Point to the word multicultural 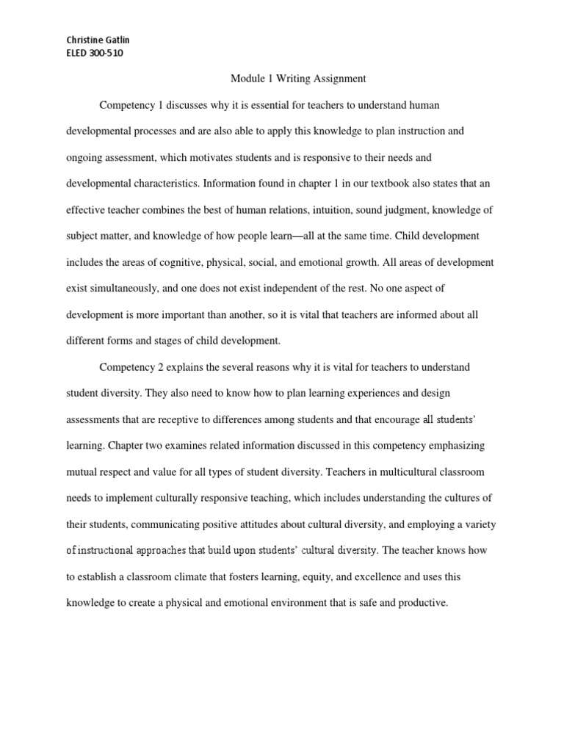click(387, 471)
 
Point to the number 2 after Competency click(159, 366)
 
